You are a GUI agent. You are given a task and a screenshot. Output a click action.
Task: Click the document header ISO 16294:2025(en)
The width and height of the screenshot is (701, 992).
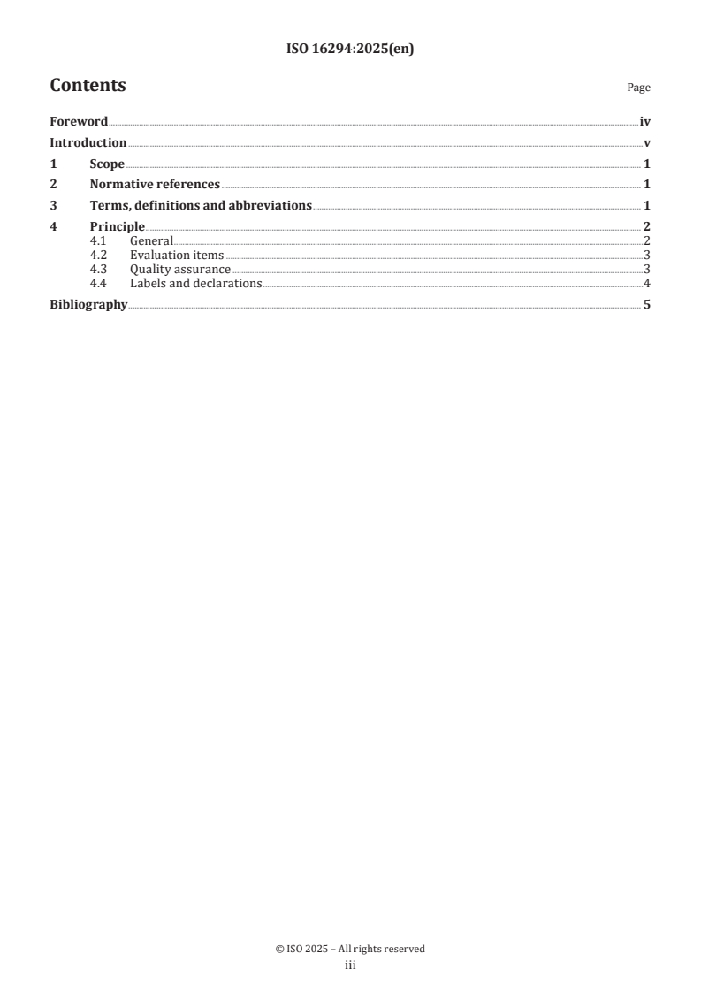pyautogui.click(x=350, y=50)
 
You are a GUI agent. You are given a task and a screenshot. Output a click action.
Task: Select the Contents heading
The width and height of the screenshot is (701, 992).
pyautogui.click(x=88, y=86)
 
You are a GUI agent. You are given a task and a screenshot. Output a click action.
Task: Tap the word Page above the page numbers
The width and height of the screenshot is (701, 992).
pyautogui.click(x=638, y=88)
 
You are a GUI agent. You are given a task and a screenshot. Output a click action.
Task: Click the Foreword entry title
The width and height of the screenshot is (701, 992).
pyautogui.click(x=79, y=122)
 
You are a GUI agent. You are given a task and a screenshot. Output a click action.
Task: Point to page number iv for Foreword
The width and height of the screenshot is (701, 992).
pyautogui.click(x=645, y=122)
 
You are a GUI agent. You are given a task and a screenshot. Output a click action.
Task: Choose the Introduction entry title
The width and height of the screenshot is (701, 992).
pyautogui.click(x=88, y=143)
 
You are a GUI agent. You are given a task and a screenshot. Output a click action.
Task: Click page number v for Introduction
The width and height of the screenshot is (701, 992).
pyautogui.click(x=647, y=143)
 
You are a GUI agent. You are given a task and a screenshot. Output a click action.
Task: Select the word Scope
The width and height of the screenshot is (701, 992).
pyautogui.click(x=107, y=164)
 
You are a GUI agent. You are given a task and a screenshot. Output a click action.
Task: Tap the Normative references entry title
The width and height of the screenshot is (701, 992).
pyautogui.click(x=155, y=185)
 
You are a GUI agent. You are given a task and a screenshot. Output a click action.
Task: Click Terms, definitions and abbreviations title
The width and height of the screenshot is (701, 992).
pyautogui.click(x=201, y=205)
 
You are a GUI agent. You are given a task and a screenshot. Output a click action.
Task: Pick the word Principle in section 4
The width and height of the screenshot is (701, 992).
pyautogui.click(x=117, y=226)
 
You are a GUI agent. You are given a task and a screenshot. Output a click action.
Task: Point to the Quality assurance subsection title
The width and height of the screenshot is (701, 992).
pyautogui.click(x=180, y=270)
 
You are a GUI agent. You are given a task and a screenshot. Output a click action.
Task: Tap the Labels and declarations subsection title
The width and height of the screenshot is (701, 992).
pyautogui.click(x=195, y=284)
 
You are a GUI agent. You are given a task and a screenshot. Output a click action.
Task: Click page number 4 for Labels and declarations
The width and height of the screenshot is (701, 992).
pyautogui.click(x=647, y=284)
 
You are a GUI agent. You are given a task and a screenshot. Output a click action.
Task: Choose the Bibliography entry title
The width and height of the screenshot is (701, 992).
pyautogui.click(x=88, y=306)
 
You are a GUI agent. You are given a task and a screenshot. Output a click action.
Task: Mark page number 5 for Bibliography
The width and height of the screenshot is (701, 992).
pyautogui.click(x=647, y=306)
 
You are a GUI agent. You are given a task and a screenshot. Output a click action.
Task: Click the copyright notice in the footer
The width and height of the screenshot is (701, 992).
pyautogui.click(x=350, y=949)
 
